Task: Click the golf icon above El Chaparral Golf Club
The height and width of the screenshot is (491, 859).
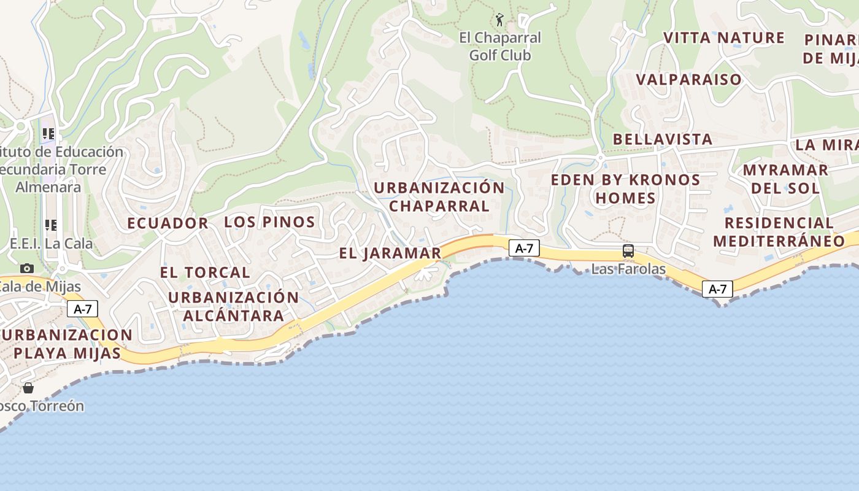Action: (x=499, y=20)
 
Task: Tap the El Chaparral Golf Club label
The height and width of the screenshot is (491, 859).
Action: (x=500, y=47)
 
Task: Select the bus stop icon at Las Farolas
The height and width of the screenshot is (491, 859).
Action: (x=628, y=251)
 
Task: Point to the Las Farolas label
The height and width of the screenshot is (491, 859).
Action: (x=628, y=269)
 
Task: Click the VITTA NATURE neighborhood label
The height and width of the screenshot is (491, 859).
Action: (x=724, y=38)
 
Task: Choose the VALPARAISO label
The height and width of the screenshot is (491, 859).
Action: (x=689, y=80)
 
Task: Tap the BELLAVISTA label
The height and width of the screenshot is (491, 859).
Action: (x=663, y=139)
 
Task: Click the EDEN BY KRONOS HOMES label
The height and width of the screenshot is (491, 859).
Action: (x=625, y=189)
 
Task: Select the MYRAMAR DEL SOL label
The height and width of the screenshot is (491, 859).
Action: (x=785, y=179)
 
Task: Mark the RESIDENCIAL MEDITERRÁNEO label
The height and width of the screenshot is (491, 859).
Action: (x=779, y=231)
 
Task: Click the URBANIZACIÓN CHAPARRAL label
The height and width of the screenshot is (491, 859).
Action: (x=439, y=196)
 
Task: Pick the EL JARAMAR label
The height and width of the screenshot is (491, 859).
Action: (x=390, y=253)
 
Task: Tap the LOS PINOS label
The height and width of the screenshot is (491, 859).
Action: (x=269, y=222)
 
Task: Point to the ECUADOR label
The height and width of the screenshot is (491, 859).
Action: (x=168, y=223)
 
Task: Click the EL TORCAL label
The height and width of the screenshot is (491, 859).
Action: (x=205, y=273)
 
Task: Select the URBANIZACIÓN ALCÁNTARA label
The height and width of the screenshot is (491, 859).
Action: (x=233, y=306)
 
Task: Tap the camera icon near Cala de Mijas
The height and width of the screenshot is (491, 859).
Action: (x=27, y=268)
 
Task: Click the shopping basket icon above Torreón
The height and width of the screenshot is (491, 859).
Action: (x=28, y=388)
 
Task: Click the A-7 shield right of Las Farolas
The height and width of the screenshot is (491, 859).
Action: (x=717, y=289)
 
